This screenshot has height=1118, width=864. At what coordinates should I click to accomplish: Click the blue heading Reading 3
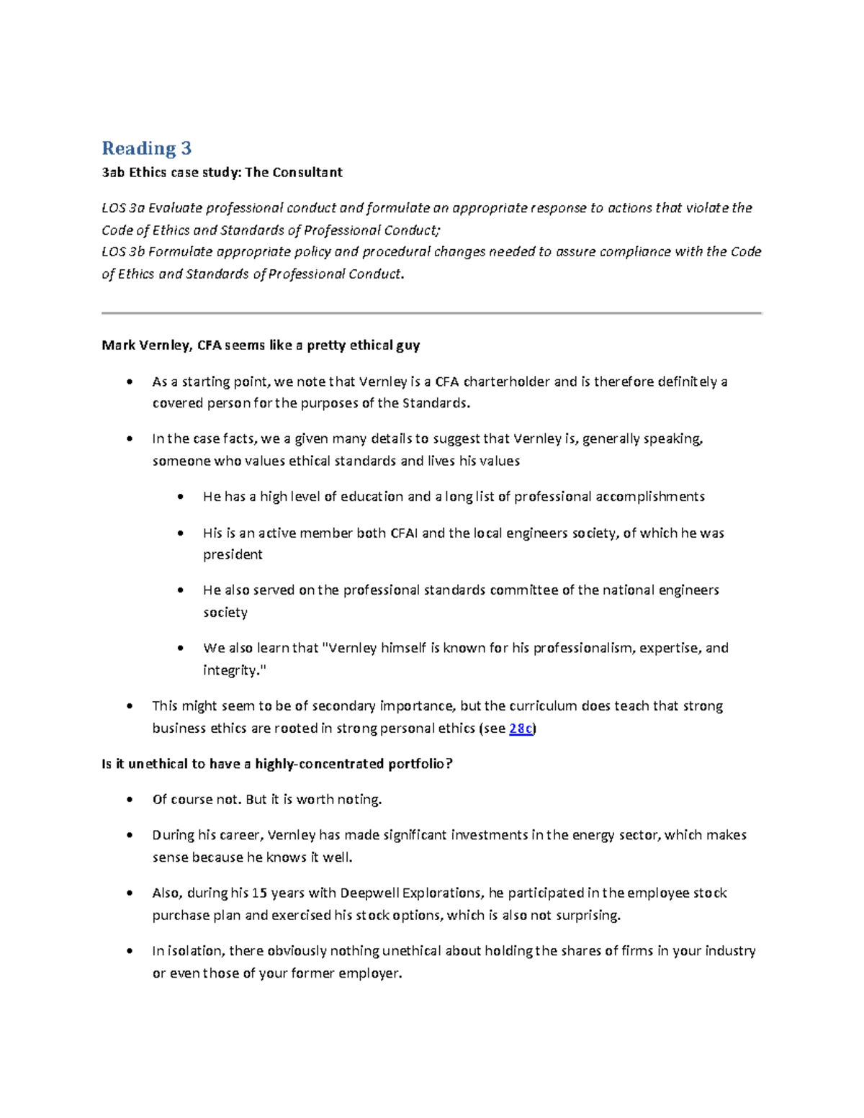146,148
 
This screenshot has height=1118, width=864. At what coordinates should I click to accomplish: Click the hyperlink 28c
521,728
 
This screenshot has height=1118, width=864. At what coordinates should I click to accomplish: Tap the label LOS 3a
123,208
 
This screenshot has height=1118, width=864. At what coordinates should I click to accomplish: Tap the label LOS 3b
123,251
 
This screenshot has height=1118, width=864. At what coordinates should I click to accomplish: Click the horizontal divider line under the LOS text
431,313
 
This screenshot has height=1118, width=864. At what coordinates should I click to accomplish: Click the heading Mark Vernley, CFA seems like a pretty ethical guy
261,345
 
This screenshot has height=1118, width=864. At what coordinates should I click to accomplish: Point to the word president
233,554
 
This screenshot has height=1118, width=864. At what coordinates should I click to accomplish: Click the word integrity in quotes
230,670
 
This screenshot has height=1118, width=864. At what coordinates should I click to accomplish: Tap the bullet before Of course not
130,800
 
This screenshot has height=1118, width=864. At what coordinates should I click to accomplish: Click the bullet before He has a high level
180,497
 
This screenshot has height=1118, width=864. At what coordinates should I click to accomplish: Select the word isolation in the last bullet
194,951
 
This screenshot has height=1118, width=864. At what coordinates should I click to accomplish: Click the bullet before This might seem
130,706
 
